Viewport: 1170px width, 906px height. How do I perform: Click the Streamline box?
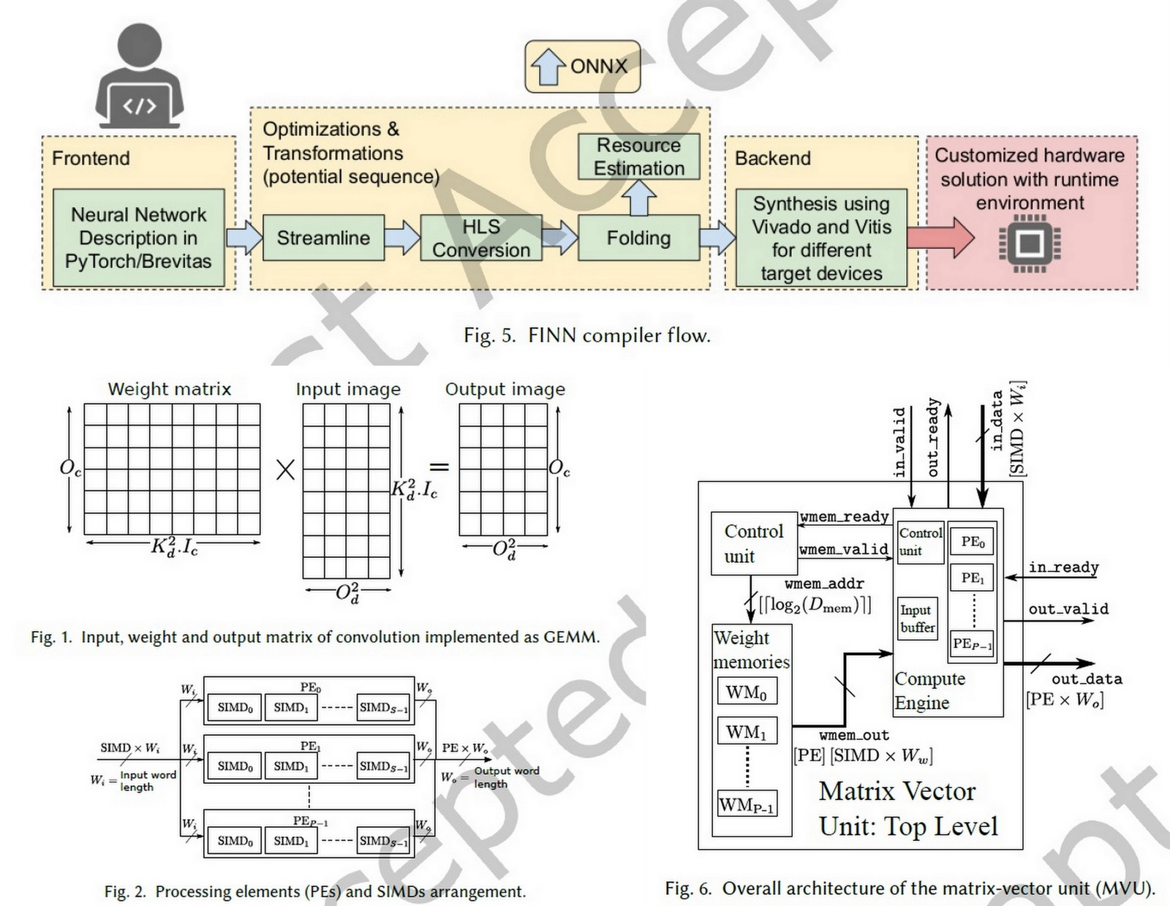point(322,238)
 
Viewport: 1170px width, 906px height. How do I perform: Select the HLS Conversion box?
point(480,238)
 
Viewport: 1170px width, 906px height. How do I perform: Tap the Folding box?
point(638,238)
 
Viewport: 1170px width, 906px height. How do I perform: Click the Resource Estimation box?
point(638,156)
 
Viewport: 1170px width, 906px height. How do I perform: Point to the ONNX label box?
point(583,67)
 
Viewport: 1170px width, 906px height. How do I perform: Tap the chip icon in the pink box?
point(1030,243)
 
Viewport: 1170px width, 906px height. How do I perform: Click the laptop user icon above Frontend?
point(140,77)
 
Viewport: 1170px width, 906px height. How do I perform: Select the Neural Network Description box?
point(139,238)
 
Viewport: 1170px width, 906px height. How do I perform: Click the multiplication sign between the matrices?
point(285,469)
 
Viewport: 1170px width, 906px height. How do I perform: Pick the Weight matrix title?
point(169,389)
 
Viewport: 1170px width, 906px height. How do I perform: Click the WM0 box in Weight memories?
point(746,692)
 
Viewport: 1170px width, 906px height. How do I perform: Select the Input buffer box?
point(917,619)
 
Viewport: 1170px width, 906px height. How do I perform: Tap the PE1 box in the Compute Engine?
point(972,578)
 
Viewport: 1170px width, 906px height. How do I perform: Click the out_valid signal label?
point(1068,608)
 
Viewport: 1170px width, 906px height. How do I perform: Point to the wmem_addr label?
point(824,584)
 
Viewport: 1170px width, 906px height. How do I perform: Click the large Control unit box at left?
point(753,543)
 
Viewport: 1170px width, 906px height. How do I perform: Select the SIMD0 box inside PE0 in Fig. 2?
point(235,707)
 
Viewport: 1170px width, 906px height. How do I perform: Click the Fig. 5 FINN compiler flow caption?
point(586,336)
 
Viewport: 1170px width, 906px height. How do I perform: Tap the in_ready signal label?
point(1063,567)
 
